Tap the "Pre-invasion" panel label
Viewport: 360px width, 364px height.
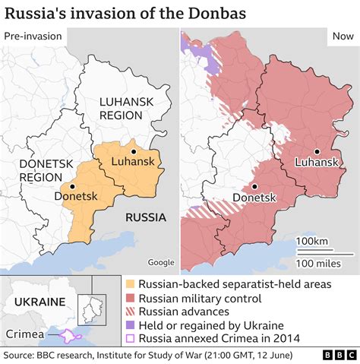[32, 37]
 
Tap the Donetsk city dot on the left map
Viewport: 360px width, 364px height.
[72, 185]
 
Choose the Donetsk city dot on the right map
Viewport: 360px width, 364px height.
[254, 186]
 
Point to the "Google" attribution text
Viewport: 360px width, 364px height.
[160, 262]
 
